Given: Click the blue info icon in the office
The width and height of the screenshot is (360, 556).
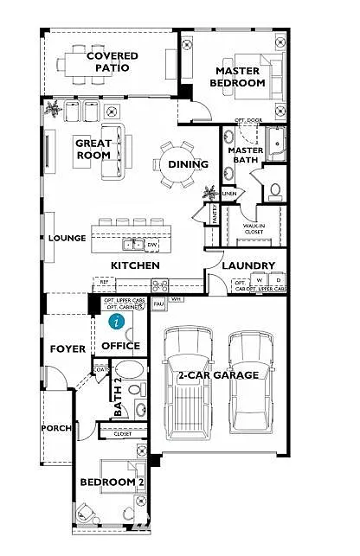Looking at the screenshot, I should pos(116,321).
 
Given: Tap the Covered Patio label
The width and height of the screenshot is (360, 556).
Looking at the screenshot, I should pos(112,62).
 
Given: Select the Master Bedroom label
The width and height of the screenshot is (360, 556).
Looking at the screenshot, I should pos(239,77).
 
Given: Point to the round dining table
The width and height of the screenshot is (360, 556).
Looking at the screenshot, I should pos(176,163).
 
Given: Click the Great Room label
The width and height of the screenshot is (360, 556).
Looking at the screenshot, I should pos(92,149).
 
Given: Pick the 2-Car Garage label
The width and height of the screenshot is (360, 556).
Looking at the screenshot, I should pos(218,375).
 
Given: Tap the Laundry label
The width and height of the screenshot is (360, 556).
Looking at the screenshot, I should pos(248,265).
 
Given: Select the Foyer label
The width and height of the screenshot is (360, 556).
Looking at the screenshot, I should pos(67,349).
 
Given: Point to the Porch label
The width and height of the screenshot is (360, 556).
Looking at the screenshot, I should pos(56,429).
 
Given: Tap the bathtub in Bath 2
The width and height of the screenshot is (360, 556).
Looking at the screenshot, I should pos(130,373).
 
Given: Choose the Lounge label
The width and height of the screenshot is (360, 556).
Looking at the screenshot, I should pos(67,239).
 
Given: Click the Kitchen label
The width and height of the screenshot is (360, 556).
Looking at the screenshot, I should pos(134,265).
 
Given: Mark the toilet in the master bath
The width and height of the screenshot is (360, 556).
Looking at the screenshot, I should pos(275,190).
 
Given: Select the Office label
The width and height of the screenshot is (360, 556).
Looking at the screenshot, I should pos(120,346).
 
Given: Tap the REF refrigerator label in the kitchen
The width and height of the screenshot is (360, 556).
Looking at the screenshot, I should pos(105,282).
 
